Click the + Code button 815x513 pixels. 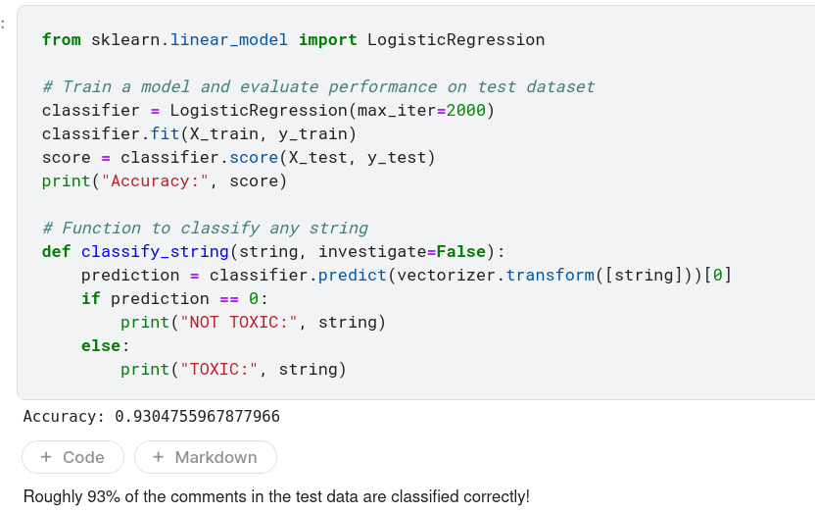coord(73,457)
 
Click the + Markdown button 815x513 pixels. coord(206,457)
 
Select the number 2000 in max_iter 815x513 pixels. coord(466,110)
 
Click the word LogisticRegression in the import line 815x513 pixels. coord(455,40)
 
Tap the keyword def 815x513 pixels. coord(56,251)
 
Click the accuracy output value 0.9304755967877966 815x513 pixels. coord(197,417)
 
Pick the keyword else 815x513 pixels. coord(100,345)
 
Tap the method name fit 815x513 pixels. coord(165,133)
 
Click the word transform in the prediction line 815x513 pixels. coord(550,275)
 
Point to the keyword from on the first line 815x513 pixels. coord(61,40)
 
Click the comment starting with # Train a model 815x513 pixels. coord(318,86)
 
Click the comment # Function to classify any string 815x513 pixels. coord(205,228)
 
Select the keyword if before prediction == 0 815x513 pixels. coord(90,298)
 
